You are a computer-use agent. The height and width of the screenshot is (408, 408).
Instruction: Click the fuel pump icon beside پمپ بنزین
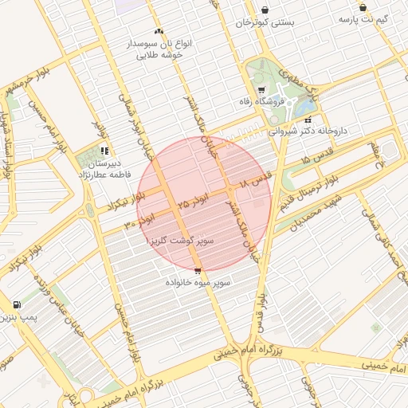(x=17, y=304)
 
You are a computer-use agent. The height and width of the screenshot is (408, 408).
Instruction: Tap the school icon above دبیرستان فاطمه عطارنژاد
(x=104, y=151)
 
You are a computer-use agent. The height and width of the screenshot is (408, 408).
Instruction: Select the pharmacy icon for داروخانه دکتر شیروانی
(x=308, y=119)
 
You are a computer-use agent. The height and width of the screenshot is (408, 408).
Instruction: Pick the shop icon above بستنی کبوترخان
(x=265, y=10)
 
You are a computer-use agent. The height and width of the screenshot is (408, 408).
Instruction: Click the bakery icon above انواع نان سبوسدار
(x=159, y=31)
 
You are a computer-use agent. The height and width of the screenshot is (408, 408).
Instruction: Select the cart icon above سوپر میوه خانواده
(x=198, y=271)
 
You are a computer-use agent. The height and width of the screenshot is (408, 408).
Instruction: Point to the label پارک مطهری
(x=304, y=83)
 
